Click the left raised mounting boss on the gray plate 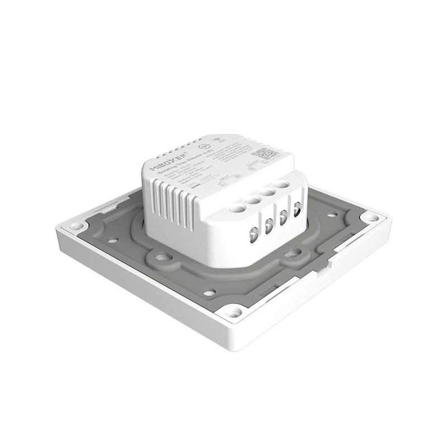click(163, 258)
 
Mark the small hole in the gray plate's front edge click(209, 292)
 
